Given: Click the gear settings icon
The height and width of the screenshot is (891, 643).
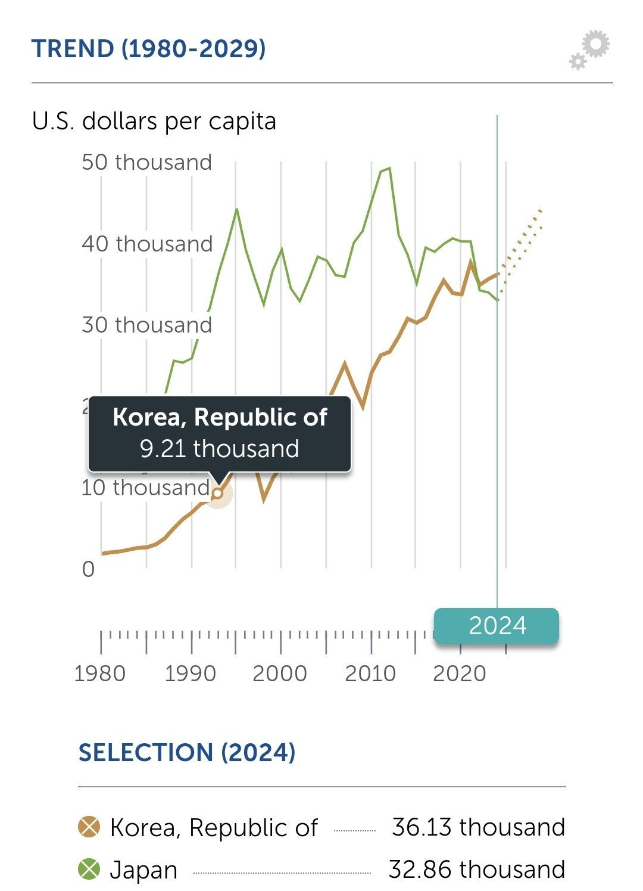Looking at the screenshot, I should point(590,50).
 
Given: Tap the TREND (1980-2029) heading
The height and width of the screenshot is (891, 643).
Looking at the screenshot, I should point(148,49).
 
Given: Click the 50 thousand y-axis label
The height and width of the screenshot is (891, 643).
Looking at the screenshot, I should point(146,162).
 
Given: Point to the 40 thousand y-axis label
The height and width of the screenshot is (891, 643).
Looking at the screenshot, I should point(147,244).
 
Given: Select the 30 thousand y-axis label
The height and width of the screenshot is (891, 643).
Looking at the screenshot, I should point(146,325).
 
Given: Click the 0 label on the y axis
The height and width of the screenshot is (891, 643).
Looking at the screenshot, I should point(88,569).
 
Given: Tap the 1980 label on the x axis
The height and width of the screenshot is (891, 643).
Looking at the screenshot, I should point(100,673).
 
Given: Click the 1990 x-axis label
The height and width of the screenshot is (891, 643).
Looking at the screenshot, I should point(191,673).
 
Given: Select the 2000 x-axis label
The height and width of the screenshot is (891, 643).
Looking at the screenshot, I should point(280,673).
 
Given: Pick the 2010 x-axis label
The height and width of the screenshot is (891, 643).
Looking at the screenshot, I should point(370,673).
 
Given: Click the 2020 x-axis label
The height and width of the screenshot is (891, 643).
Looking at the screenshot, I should point(460,673).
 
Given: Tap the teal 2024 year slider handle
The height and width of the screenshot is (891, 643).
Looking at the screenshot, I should point(497,626).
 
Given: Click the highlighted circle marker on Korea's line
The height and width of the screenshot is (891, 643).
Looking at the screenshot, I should point(218,493).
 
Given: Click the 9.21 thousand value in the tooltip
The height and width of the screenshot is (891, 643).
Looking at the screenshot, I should point(219,449).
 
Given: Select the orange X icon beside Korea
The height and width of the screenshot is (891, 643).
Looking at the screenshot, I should point(89,827).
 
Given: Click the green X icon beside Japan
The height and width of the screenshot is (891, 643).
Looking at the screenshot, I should point(89,869).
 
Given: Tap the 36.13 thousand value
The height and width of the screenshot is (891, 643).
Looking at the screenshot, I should point(478,827).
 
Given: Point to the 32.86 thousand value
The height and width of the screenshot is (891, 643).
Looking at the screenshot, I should point(476,870).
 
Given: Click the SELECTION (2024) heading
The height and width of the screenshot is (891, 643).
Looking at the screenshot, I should point(187,752).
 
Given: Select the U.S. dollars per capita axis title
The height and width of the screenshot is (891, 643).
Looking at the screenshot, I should point(154,121).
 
